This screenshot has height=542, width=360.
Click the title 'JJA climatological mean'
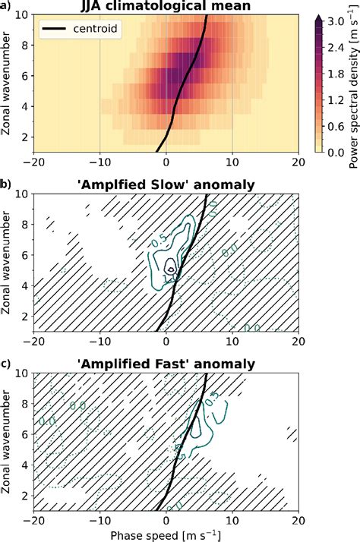click(x=167, y=7)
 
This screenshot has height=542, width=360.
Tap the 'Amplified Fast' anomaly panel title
click(x=167, y=364)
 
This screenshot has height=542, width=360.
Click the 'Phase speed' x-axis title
click(x=167, y=534)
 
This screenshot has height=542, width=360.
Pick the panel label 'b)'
click(x=6, y=186)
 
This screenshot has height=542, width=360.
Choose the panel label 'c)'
click(x=6, y=364)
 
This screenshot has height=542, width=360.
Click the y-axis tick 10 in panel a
click(x=26, y=15)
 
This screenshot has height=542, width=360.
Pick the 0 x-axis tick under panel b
click(x=167, y=342)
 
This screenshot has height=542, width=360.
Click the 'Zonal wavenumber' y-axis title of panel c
click(x=8, y=440)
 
